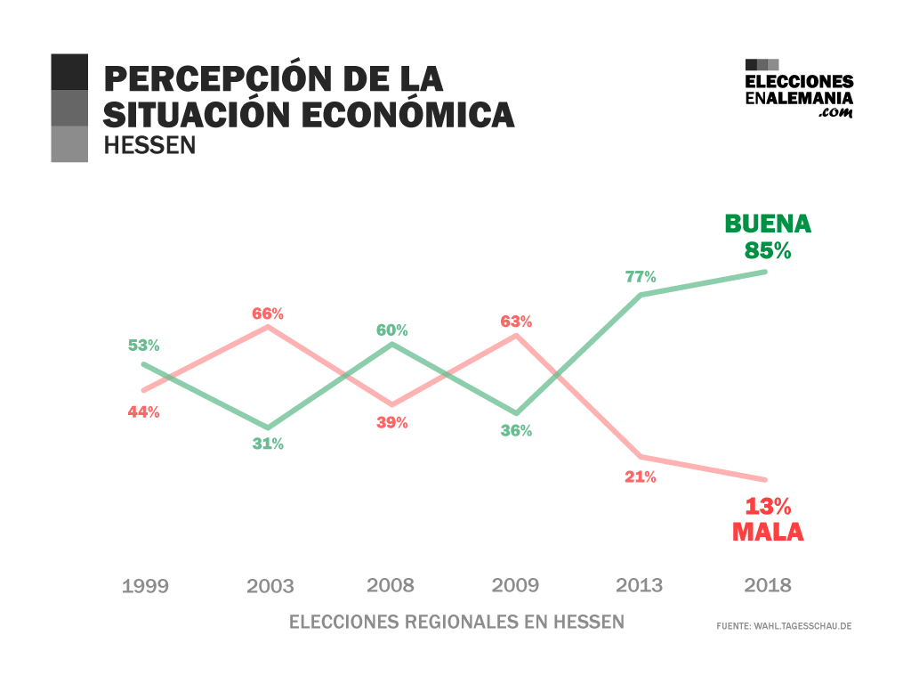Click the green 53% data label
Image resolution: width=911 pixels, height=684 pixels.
[143, 346]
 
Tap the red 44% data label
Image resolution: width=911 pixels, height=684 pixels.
[143, 412]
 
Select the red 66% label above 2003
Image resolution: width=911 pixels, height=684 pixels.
[267, 313]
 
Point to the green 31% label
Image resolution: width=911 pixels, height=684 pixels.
[267, 444]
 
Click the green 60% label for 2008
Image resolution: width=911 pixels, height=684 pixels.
[391, 330]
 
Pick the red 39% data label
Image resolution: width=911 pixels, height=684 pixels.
[391, 423]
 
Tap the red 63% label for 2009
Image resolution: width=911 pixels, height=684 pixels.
[515, 322]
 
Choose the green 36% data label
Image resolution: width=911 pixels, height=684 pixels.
[515, 431]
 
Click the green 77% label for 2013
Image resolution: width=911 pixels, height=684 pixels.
[640, 277]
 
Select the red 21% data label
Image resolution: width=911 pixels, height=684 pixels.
[640, 477]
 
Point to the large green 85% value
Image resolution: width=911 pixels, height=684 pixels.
[768, 250]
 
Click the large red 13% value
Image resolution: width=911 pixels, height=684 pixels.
[768, 507]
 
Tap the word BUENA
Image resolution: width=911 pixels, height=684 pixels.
[768, 223]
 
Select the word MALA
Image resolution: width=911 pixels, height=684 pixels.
[768, 533]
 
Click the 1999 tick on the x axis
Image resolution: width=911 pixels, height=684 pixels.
[145, 586]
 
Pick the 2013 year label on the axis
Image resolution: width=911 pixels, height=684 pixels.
[640, 585]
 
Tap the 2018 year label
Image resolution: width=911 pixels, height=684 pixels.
[768, 585]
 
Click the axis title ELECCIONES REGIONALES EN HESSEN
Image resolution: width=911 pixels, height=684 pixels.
[457, 622]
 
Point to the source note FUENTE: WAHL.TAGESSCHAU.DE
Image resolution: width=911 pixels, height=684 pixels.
[784, 626]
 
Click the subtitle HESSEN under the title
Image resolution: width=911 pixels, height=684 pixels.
[149, 145]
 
